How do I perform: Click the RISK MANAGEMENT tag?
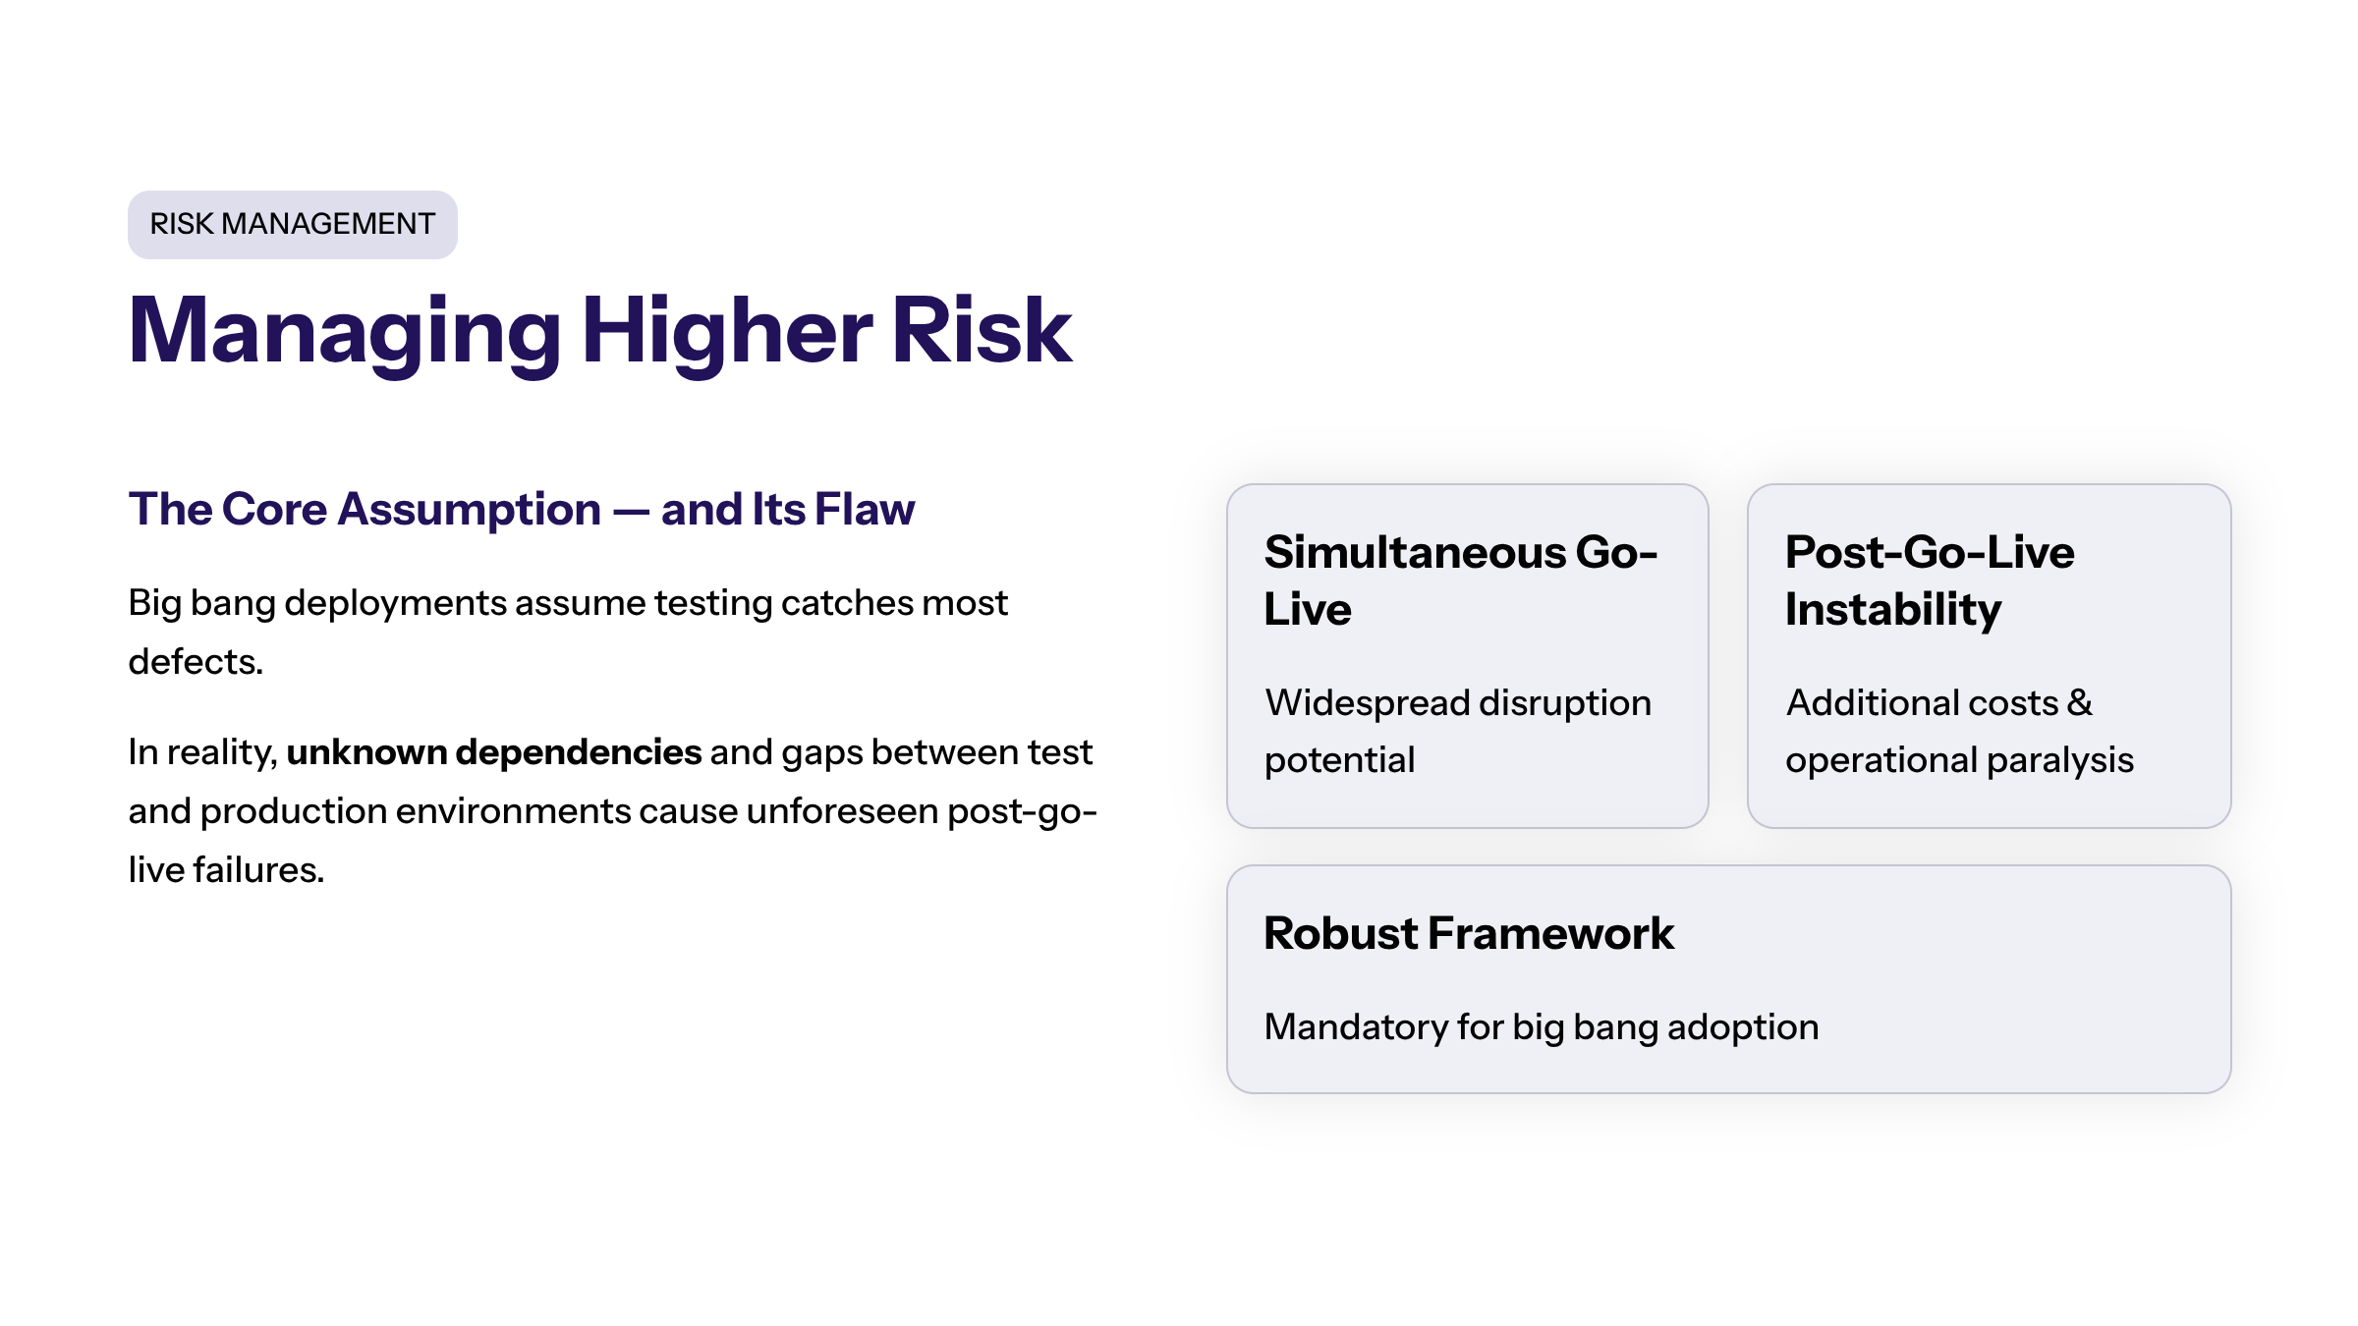pyautogui.click(x=293, y=224)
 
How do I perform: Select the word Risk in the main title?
pyautogui.click(x=982, y=330)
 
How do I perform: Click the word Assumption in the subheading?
pyautogui.click(x=470, y=510)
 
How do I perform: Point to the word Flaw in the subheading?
pyautogui.click(x=865, y=509)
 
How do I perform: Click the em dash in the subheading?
pyautogui.click(x=631, y=512)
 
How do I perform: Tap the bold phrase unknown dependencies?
pyautogui.click(x=494, y=752)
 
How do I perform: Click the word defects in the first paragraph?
pyautogui.click(x=196, y=662)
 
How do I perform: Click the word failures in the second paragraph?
pyautogui.click(x=258, y=870)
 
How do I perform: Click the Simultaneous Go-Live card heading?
pyautogui.click(x=1460, y=580)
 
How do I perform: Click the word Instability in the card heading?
pyautogui.click(x=1893, y=610)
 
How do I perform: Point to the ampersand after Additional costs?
pyautogui.click(x=2080, y=703)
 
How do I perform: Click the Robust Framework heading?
pyautogui.click(x=1469, y=933)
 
